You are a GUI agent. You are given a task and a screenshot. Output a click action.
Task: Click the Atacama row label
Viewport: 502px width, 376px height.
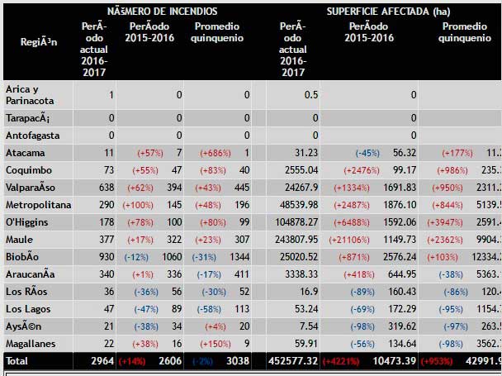tap(26, 153)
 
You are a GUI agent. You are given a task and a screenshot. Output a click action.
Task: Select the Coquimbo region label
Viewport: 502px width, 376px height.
tap(29, 170)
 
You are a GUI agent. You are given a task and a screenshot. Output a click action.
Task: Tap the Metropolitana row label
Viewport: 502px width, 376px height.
tap(39, 204)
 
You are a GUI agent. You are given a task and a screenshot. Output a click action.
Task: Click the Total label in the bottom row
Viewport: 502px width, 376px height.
tap(18, 361)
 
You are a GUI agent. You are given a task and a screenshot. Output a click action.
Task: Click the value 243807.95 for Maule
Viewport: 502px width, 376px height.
tap(296, 240)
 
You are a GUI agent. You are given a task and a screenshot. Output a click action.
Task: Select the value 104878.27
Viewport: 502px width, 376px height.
tap(296, 221)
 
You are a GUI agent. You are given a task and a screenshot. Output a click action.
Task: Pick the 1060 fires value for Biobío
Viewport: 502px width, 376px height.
tap(173, 256)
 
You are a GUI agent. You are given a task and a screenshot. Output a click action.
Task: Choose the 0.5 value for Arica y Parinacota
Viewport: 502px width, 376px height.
tap(310, 94)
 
